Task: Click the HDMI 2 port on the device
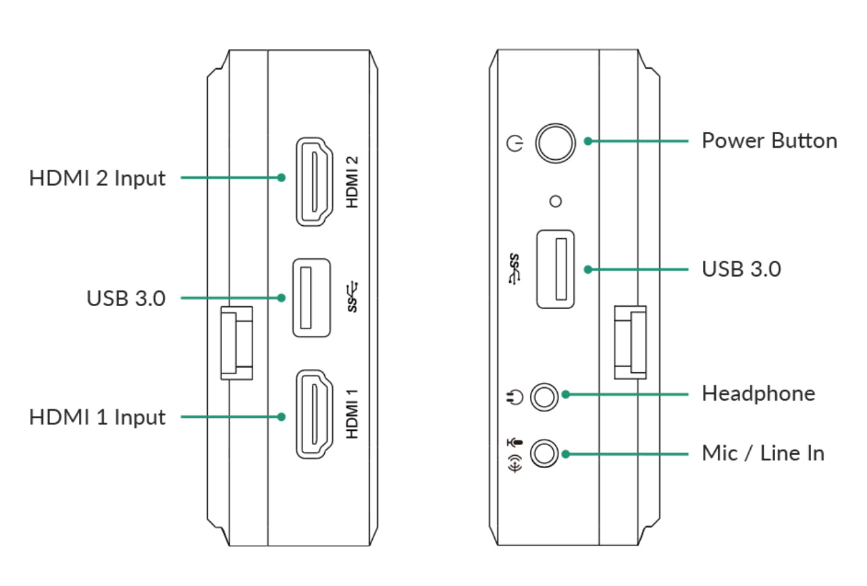coord(314,181)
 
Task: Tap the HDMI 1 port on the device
coord(314,415)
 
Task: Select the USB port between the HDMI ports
coord(311,297)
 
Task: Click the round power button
coord(555,143)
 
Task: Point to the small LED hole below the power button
coord(556,200)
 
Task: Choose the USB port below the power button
coord(556,269)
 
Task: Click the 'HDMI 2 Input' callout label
coord(97,179)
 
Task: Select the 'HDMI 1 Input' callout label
coord(97,417)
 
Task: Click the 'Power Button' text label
coord(769,141)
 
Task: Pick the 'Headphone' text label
coord(758,393)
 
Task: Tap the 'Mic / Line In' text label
coord(763,453)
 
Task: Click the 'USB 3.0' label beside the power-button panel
coord(741,269)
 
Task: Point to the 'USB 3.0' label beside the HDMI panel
coord(126,298)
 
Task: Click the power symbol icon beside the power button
coord(515,144)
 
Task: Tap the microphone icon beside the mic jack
coord(516,443)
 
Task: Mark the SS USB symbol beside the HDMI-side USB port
coord(353,297)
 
